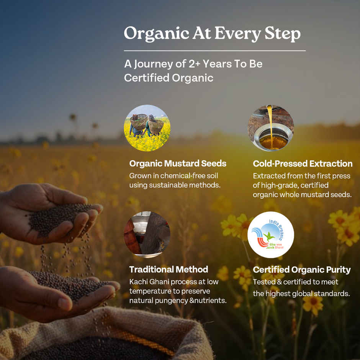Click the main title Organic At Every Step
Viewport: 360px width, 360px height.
212,34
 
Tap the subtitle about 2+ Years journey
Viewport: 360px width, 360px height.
193,64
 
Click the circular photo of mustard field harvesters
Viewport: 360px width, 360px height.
147,128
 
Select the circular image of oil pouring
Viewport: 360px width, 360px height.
271,128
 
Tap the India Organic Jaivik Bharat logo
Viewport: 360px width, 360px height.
271,235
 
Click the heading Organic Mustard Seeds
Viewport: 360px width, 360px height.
178,164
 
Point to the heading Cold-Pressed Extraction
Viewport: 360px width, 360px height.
302,164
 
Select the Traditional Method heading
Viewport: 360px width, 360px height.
169,269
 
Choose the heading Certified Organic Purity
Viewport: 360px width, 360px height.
301,270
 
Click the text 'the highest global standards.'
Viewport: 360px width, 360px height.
301,294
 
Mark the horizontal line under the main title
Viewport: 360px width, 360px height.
214,51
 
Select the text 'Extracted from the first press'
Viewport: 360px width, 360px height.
301,176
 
